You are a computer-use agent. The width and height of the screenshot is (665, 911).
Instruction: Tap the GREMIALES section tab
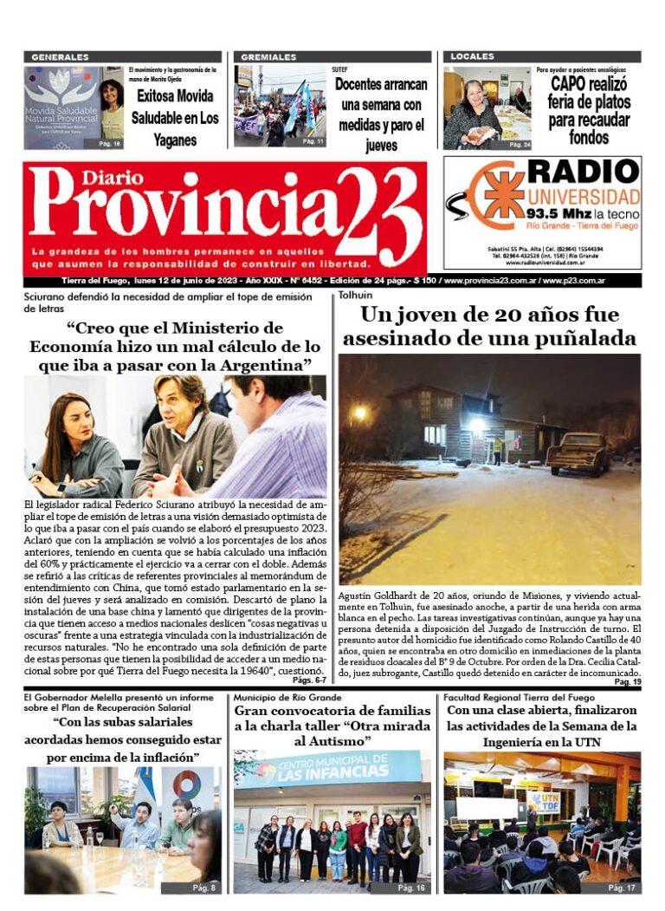point(269,57)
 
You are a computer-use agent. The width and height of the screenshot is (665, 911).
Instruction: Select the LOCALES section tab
point(472,57)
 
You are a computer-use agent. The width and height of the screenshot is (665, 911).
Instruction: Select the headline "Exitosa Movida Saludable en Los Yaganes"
point(175,118)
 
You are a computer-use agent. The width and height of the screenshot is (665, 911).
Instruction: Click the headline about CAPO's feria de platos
point(589,109)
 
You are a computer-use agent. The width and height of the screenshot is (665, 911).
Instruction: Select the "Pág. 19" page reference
point(627,683)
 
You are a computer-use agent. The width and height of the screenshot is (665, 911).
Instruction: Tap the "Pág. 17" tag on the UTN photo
point(622,888)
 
